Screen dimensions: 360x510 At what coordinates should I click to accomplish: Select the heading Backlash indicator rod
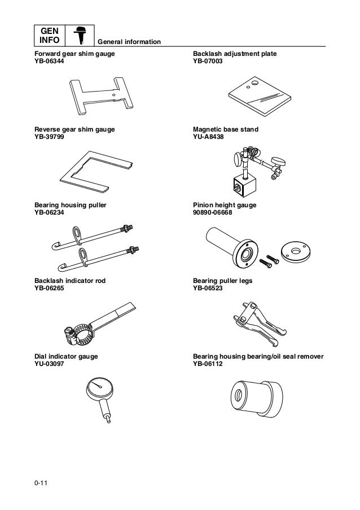pos(70,280)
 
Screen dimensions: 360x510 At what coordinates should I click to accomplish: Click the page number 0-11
pos(40,482)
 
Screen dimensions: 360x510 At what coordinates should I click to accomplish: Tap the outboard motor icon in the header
pos(80,36)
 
